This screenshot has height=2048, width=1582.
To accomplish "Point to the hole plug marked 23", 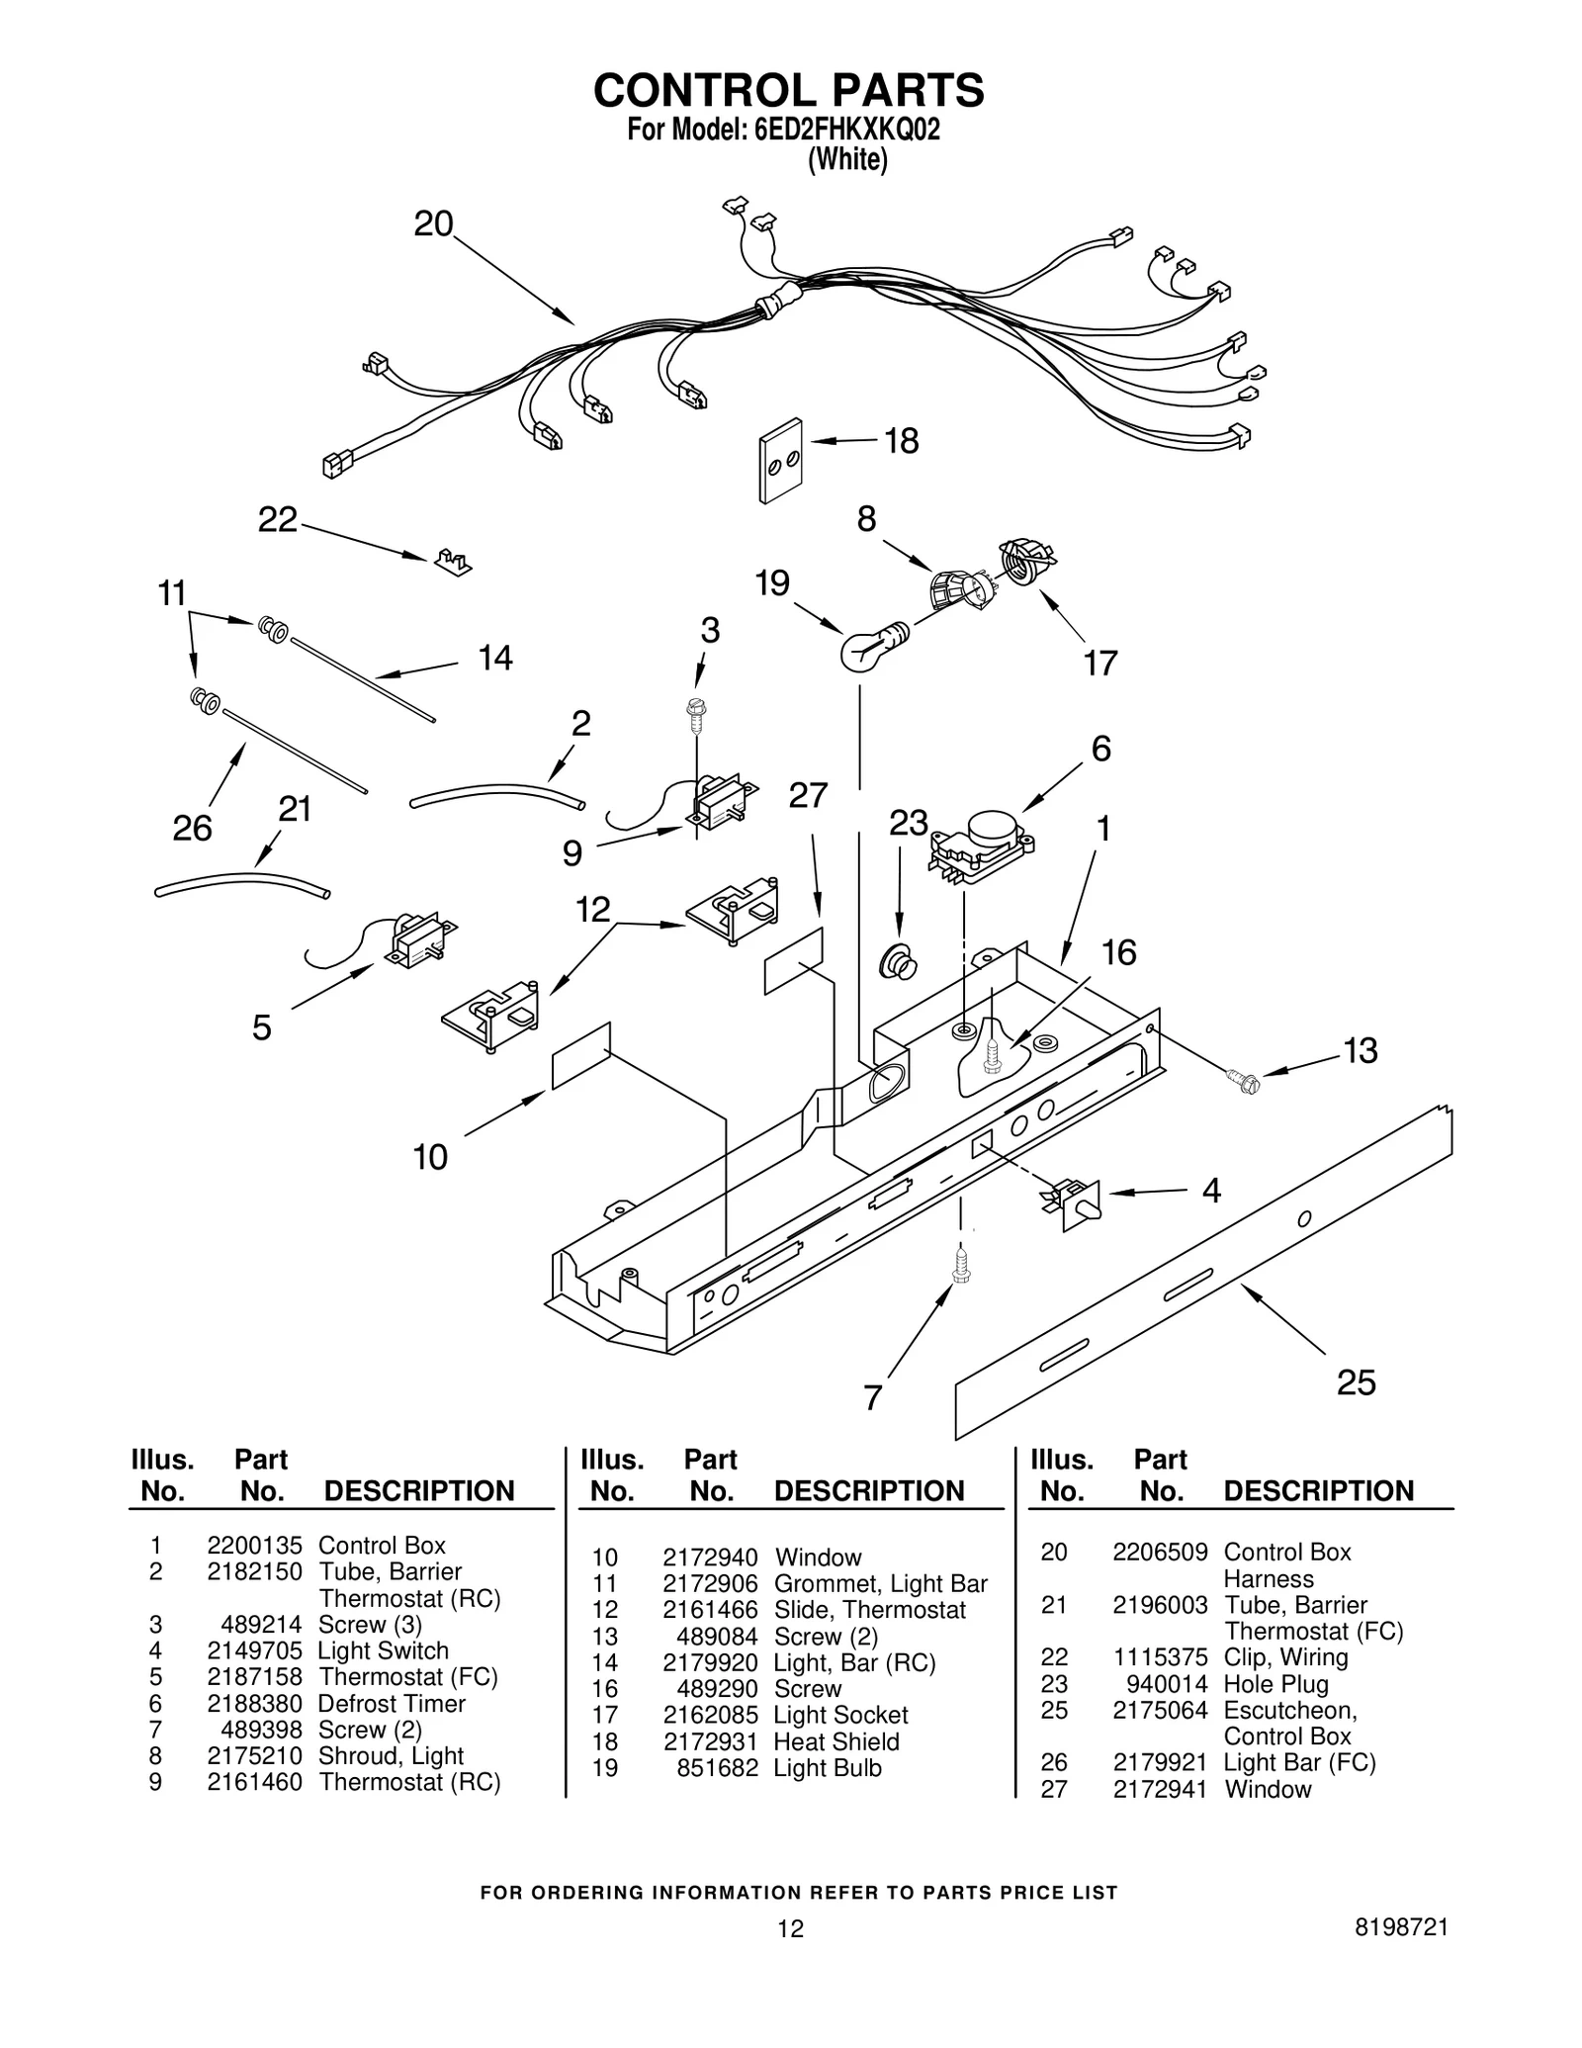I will [x=898, y=959].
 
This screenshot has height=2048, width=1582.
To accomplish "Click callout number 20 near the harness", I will [x=433, y=224].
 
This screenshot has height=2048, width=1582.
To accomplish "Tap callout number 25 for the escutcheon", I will [x=1356, y=1381].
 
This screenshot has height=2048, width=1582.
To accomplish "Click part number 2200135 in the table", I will [x=254, y=1545].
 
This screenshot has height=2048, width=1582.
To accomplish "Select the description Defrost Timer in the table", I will [x=392, y=1704].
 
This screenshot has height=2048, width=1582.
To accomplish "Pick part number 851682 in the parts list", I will [x=717, y=1768].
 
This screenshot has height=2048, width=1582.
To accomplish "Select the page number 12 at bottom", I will [x=790, y=1928].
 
